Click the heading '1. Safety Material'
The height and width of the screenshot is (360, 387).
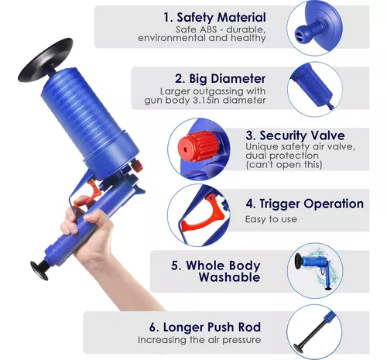pos(214,18)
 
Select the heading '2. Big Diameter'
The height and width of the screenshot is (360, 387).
pos(220,79)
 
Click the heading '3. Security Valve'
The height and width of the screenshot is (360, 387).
pos(295,135)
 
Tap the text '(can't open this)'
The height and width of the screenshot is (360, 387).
pos(284,164)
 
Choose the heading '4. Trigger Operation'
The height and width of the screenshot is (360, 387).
pos(305,204)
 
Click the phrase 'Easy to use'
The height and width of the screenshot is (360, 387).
pos(271,219)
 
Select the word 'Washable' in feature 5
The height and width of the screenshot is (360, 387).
pos(229,277)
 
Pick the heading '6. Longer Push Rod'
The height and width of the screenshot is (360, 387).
pos(205,327)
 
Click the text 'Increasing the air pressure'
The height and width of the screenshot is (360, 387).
pos(199,340)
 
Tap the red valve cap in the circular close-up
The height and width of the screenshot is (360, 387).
pos(197,146)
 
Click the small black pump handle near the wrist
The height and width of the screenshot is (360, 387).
pos(39,270)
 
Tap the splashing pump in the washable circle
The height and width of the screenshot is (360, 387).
pos(315,269)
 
